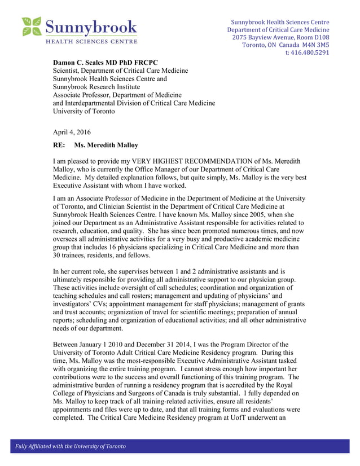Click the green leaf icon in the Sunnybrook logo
point(32,27)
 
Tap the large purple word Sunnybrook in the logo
point(91,27)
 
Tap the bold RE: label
point(60,146)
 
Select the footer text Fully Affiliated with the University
point(70,447)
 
